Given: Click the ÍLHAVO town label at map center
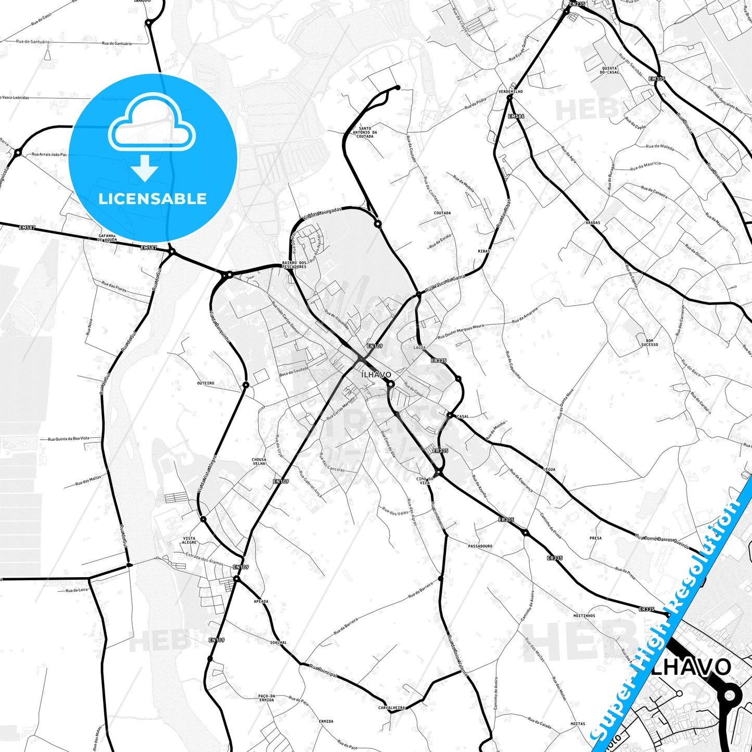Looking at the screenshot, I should tap(376, 375).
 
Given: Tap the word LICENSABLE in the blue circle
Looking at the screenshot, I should tap(152, 199).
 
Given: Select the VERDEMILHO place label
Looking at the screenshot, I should tap(510, 92).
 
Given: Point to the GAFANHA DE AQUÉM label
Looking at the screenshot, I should tap(107, 238).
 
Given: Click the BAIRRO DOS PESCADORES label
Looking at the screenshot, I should tap(294, 265).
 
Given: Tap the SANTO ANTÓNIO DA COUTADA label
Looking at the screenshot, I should tap(365, 132).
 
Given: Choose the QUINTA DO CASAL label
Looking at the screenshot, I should tap(609, 70).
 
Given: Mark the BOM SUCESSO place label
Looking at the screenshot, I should tap(649, 342).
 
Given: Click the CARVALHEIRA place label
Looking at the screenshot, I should tap(391, 708).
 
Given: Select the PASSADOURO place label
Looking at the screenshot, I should tap(480, 546).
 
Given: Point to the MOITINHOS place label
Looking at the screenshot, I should tap(584, 616).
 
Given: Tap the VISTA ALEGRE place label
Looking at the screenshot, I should tap(189, 540).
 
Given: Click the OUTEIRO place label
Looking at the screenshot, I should tap(206, 383).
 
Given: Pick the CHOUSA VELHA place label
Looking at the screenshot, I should tap(259, 462).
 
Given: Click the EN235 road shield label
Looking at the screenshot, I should tap(577, 4).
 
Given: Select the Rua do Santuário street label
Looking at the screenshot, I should tap(117, 44).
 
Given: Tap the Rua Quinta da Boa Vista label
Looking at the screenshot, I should tap(68, 439).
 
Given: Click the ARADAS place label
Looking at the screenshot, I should tap(593, 223).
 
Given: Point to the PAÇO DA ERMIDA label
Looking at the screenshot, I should tap(266, 698).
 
